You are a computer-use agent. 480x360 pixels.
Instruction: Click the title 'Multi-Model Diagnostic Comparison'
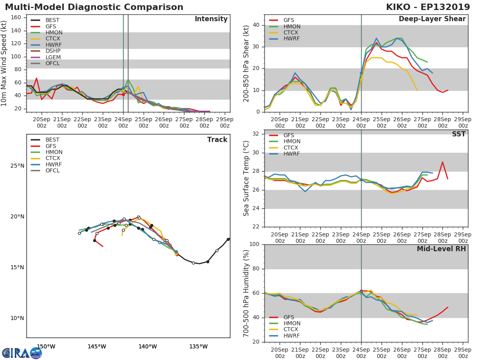(94, 7)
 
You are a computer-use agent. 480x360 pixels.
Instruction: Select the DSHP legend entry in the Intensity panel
(53, 51)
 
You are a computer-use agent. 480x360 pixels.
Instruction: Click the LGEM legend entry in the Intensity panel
(53, 57)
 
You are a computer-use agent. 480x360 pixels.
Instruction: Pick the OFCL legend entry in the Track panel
(53, 171)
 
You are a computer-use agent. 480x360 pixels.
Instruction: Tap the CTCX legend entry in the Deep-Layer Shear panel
(291, 33)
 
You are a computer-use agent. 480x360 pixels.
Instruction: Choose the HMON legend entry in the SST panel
(291, 142)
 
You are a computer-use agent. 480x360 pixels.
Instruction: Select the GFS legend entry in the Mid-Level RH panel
(291, 317)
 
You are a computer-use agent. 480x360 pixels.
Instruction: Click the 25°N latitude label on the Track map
(17, 166)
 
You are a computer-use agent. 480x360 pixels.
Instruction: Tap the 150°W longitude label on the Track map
(46, 346)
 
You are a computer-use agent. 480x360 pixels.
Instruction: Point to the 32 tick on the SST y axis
(256, 134)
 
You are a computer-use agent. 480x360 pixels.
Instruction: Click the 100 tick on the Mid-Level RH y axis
(254, 244)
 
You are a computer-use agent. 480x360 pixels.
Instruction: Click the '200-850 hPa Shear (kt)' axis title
(246, 63)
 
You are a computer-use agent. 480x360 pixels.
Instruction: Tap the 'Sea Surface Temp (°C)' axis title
(246, 178)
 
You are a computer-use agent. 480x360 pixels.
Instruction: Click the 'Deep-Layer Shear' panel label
(432, 19)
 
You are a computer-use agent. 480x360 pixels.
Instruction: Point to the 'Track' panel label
(217, 140)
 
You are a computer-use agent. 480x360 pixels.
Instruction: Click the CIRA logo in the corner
(22, 353)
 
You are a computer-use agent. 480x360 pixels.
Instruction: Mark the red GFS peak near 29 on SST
(442, 162)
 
